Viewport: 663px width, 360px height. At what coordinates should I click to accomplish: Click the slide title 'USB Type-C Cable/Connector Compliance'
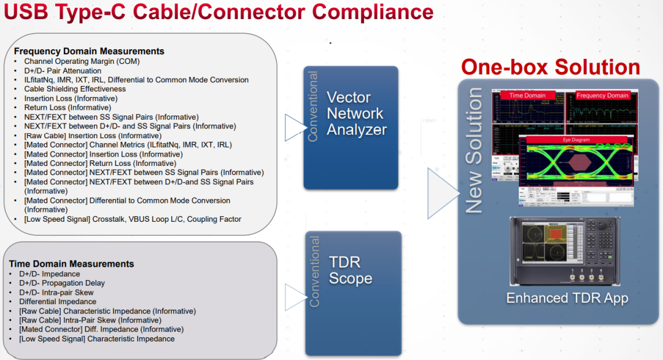218,12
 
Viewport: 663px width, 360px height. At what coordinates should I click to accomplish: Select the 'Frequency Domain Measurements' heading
89,51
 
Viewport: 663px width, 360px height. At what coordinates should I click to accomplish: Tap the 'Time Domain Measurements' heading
71,264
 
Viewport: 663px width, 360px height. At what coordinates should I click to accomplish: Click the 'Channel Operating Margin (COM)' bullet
82,61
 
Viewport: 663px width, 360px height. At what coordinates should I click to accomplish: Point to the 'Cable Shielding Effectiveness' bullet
75,89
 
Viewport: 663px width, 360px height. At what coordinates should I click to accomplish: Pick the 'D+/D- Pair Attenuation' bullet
63,71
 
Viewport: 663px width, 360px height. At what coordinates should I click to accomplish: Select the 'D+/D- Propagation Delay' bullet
62,283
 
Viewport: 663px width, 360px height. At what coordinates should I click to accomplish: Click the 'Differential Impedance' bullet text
58,302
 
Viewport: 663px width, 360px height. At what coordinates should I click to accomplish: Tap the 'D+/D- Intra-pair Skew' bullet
60,292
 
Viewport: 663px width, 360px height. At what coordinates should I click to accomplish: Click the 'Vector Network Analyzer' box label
356,114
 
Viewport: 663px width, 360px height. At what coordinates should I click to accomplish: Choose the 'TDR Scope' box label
351,270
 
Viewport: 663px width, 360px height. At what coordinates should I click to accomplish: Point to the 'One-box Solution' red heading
550,67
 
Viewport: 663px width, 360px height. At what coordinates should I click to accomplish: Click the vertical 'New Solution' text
474,151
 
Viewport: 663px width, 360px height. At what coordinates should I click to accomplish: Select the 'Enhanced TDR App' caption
567,299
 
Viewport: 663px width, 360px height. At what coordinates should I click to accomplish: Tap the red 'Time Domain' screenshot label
527,95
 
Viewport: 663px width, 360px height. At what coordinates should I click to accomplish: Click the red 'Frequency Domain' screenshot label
602,95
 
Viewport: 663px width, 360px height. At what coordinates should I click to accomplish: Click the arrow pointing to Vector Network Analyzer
295,126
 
